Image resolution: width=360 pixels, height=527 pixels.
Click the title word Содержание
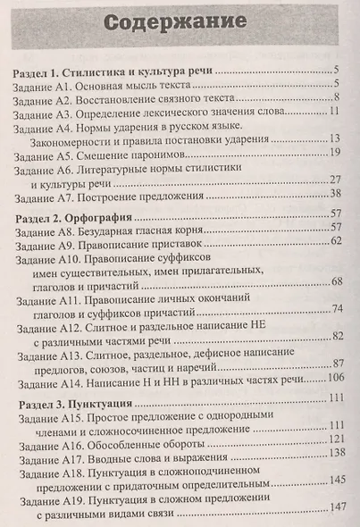click(180, 23)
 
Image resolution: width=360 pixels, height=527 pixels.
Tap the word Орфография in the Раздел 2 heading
click(116, 215)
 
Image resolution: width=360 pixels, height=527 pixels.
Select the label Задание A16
click(48, 438)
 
